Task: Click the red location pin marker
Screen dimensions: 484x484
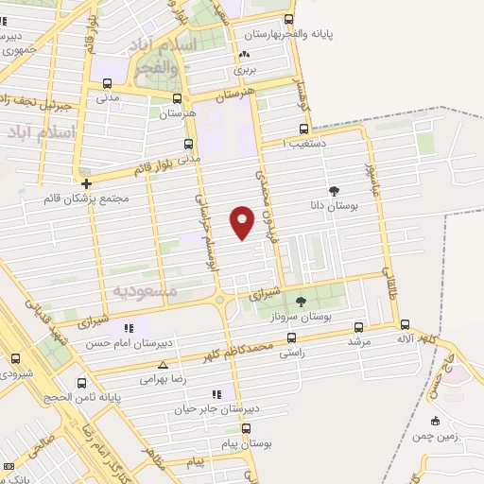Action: tap(243, 221)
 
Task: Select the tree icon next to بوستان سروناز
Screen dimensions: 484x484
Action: tap(302, 302)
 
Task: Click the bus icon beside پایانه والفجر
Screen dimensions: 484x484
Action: tap(289, 19)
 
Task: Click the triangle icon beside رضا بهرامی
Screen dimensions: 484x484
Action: tap(164, 364)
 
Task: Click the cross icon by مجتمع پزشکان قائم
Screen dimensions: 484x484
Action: tap(86, 183)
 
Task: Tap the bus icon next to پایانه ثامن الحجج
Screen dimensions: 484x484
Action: tap(82, 383)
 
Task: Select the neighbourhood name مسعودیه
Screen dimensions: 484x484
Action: tap(145, 291)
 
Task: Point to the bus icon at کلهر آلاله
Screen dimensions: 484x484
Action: tap(405, 324)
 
